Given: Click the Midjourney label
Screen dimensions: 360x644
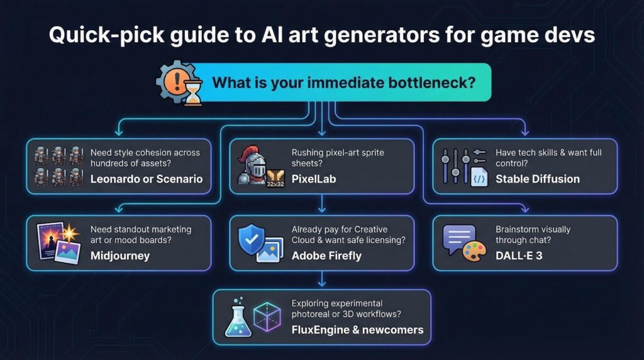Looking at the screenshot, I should [120, 256].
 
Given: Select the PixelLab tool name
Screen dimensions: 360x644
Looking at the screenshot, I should [314, 179].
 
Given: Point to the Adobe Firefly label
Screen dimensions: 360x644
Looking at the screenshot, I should [326, 256].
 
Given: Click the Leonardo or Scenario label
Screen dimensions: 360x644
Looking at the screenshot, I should [147, 179].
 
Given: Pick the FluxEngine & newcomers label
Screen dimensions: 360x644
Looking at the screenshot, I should [357, 330].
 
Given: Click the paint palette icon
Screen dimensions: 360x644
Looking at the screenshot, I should [475, 250].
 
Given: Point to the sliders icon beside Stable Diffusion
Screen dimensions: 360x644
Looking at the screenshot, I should [457, 165].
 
